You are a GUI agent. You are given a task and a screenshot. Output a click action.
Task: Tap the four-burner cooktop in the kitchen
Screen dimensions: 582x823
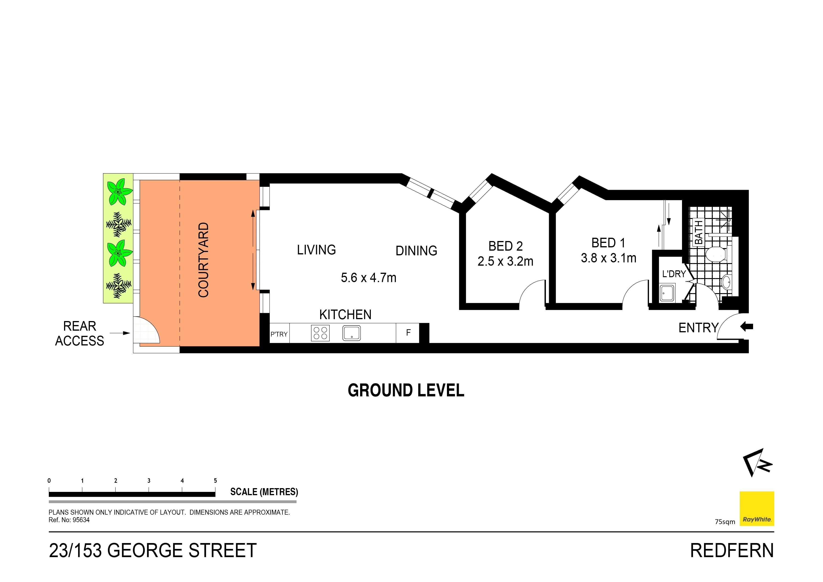320,333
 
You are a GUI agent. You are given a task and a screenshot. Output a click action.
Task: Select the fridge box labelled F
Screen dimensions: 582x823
408,333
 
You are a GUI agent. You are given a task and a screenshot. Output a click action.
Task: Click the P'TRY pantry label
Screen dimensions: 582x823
279,334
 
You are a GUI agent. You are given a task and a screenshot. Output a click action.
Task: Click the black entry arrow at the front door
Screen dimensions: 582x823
747,326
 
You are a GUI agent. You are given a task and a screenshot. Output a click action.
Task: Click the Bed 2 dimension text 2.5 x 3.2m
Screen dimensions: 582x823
505,261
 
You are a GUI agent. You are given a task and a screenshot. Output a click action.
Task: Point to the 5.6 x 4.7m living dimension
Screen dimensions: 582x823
369,278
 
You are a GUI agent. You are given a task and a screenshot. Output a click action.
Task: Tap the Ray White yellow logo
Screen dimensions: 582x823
757,509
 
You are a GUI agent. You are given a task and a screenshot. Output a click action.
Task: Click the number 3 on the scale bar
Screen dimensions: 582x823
149,481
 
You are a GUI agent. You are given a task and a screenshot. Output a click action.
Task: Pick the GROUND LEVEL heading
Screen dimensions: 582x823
406,391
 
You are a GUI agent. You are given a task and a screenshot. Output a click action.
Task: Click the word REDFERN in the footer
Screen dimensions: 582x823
732,551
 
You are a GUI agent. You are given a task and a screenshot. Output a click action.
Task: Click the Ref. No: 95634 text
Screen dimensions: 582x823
69,520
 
